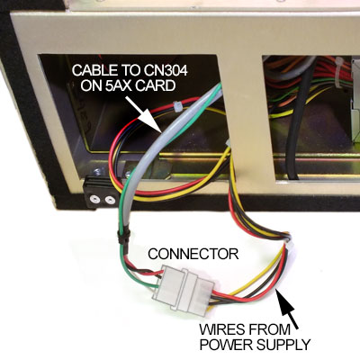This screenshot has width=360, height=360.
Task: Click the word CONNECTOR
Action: [x=193, y=254]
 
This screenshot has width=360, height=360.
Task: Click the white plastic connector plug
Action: [x=184, y=289]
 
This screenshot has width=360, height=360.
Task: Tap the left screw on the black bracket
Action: [x=94, y=198]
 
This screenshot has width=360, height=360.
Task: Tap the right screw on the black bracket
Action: [x=111, y=199]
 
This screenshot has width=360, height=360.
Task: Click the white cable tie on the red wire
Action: [x=176, y=106]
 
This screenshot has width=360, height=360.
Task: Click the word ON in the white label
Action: [x=91, y=86]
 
